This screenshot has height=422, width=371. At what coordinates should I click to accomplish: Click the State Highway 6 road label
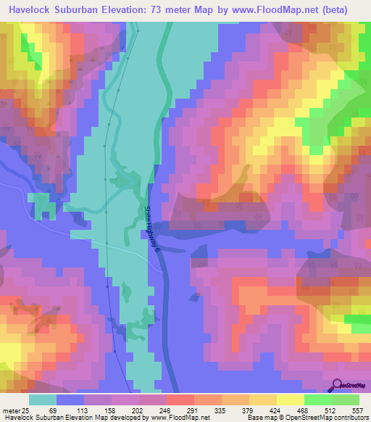pyautogui.click(x=151, y=228)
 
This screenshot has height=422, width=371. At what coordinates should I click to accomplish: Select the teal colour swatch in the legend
pyautogui.click(x=42, y=400)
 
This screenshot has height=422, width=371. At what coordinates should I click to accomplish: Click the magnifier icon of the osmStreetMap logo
pyautogui.click(x=336, y=385)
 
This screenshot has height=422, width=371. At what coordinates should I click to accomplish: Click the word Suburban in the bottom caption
pyautogui.click(x=55, y=418)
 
